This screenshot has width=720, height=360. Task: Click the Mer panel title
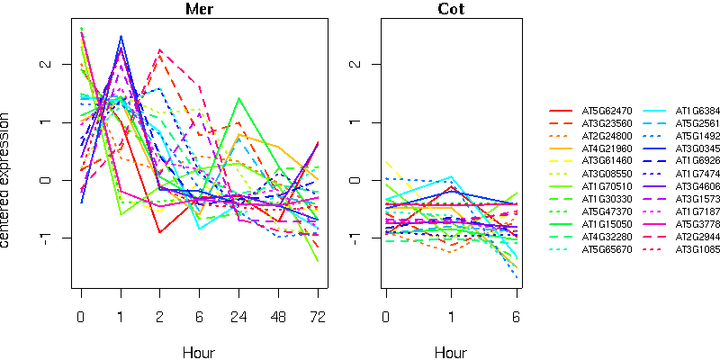click(199, 10)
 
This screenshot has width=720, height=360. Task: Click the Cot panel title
click(451, 10)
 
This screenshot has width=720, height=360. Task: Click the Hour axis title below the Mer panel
click(199, 352)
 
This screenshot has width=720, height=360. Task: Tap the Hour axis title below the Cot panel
click(451, 352)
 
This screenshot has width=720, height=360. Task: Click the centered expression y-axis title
click(8, 180)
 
